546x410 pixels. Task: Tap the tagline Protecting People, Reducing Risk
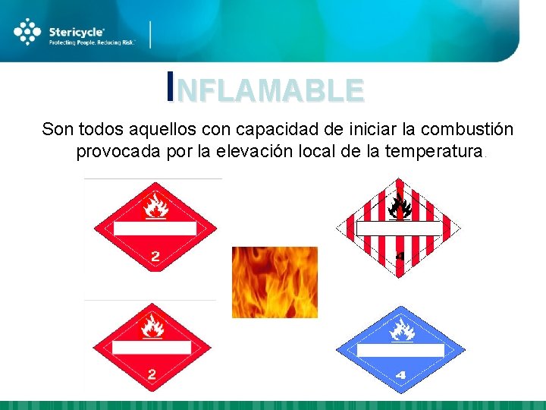click(92, 43)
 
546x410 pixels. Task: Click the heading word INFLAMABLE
click(265, 90)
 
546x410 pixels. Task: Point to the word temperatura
click(434, 151)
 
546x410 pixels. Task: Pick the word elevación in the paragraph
click(262, 151)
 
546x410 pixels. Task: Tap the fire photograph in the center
click(275, 282)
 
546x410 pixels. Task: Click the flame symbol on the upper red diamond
click(155, 205)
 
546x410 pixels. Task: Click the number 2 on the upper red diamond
click(155, 256)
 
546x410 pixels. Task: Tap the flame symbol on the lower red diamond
click(154, 326)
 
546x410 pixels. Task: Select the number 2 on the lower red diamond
click(152, 374)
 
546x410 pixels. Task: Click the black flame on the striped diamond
click(399, 204)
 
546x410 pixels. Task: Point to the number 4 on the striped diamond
click(400, 256)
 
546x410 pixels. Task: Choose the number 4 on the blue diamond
click(400, 374)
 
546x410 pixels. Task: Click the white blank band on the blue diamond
click(400, 350)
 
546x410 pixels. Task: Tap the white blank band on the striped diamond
click(399, 228)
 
